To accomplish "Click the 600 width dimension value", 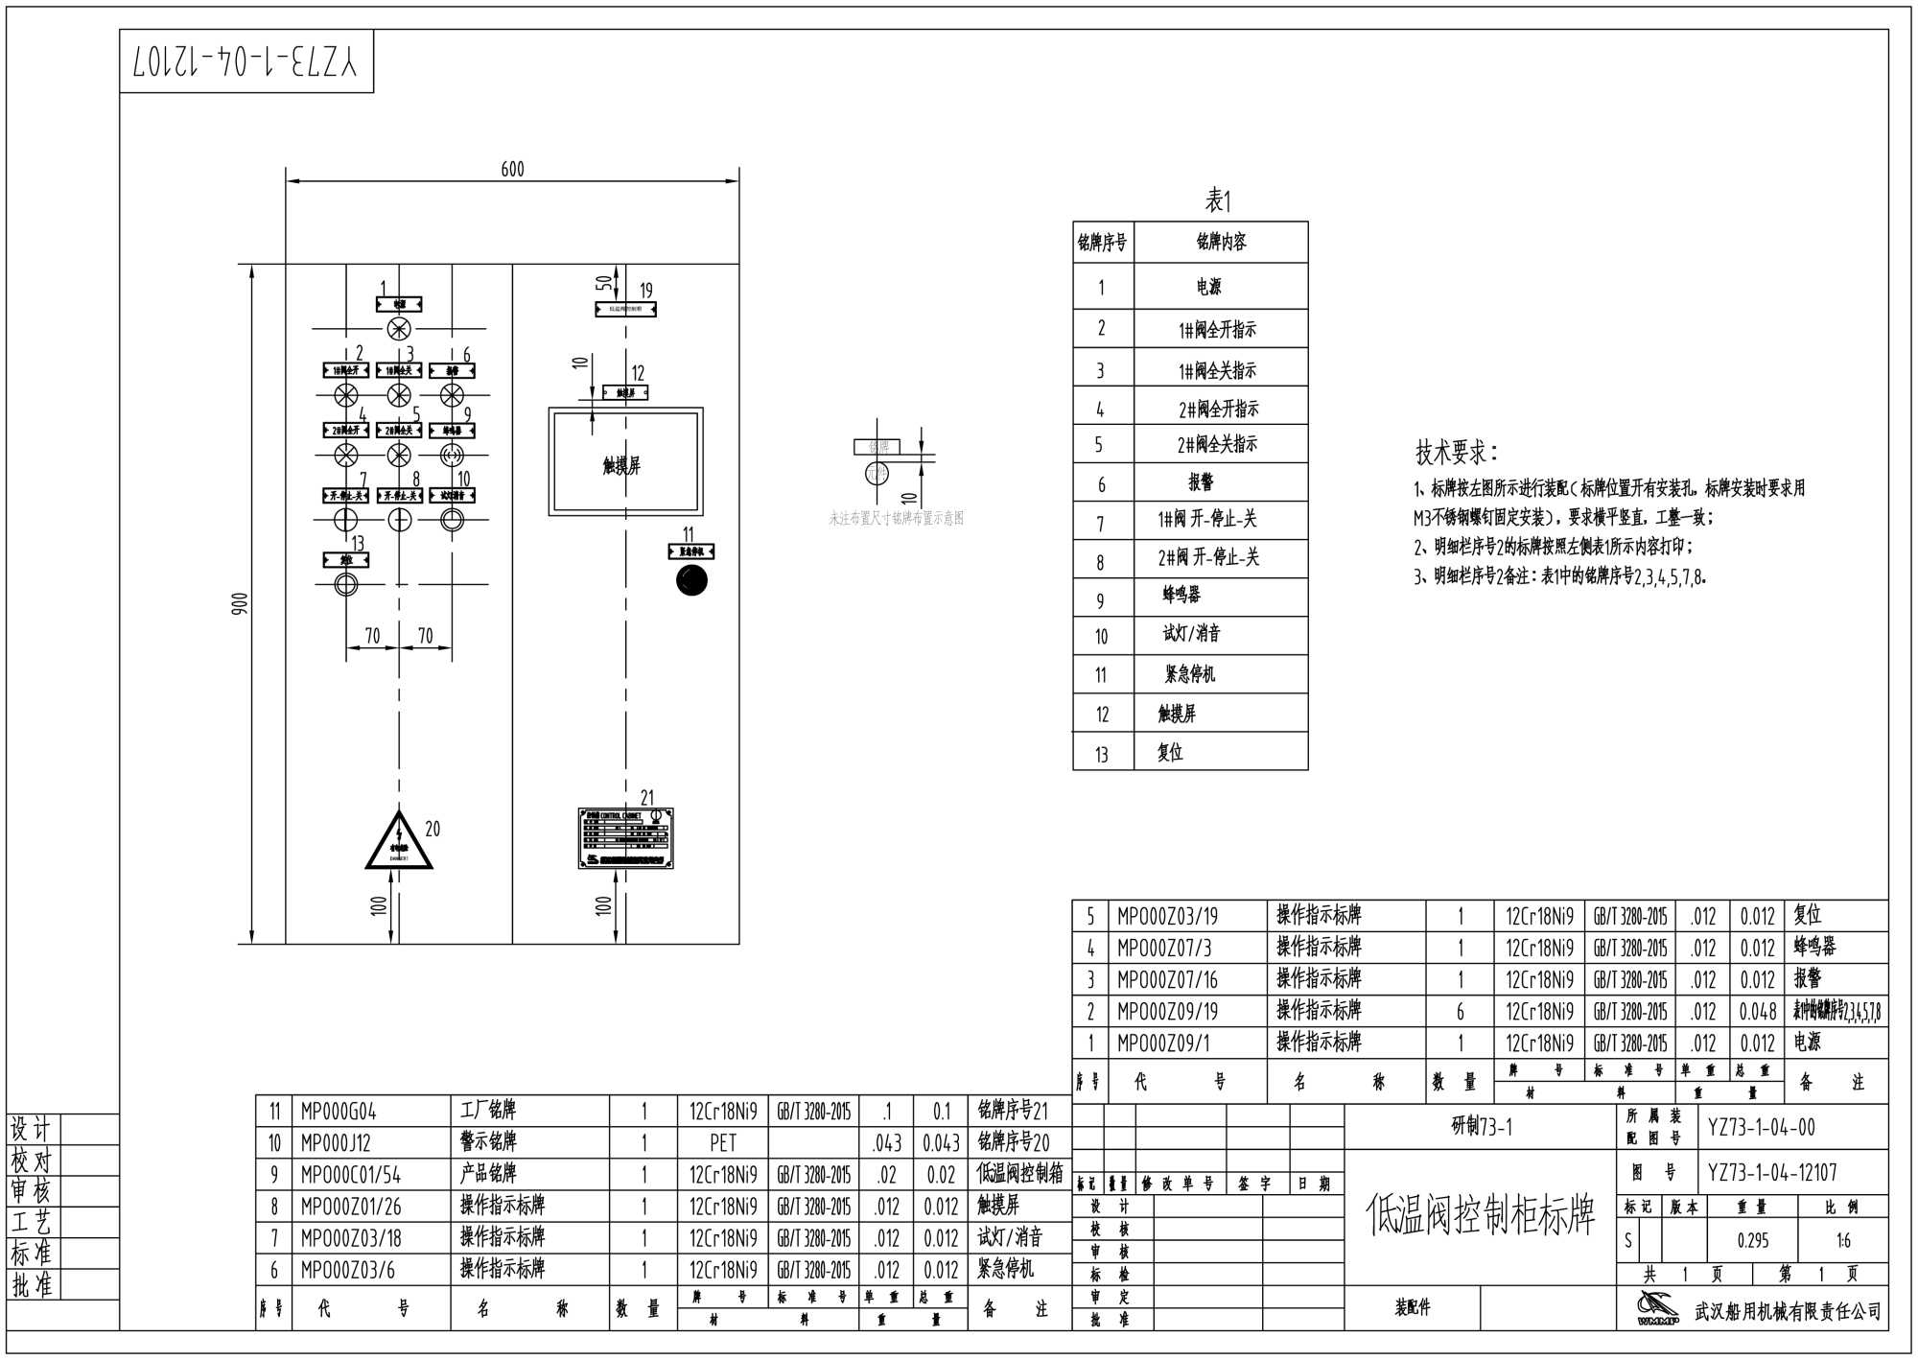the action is (513, 170).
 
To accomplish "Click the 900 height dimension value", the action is (240, 604).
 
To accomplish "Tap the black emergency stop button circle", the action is (691, 580).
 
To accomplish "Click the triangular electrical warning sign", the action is (399, 842).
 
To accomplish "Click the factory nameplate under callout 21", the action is (625, 838).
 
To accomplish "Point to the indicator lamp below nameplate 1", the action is (398, 330).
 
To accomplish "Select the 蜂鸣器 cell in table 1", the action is (1181, 596).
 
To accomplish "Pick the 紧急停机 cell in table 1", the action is (1190, 674).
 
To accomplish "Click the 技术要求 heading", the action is (1456, 453).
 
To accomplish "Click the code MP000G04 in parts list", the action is (339, 1112).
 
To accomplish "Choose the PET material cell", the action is (723, 1143).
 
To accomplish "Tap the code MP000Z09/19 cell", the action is (1167, 1011).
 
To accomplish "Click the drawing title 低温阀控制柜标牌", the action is (1480, 1215).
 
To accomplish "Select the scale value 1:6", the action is (1843, 1241).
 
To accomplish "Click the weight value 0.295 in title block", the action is (1752, 1241).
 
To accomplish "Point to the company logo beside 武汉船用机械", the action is (1658, 1308).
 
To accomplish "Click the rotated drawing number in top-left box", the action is (246, 61).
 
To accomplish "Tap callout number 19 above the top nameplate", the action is (646, 290).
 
